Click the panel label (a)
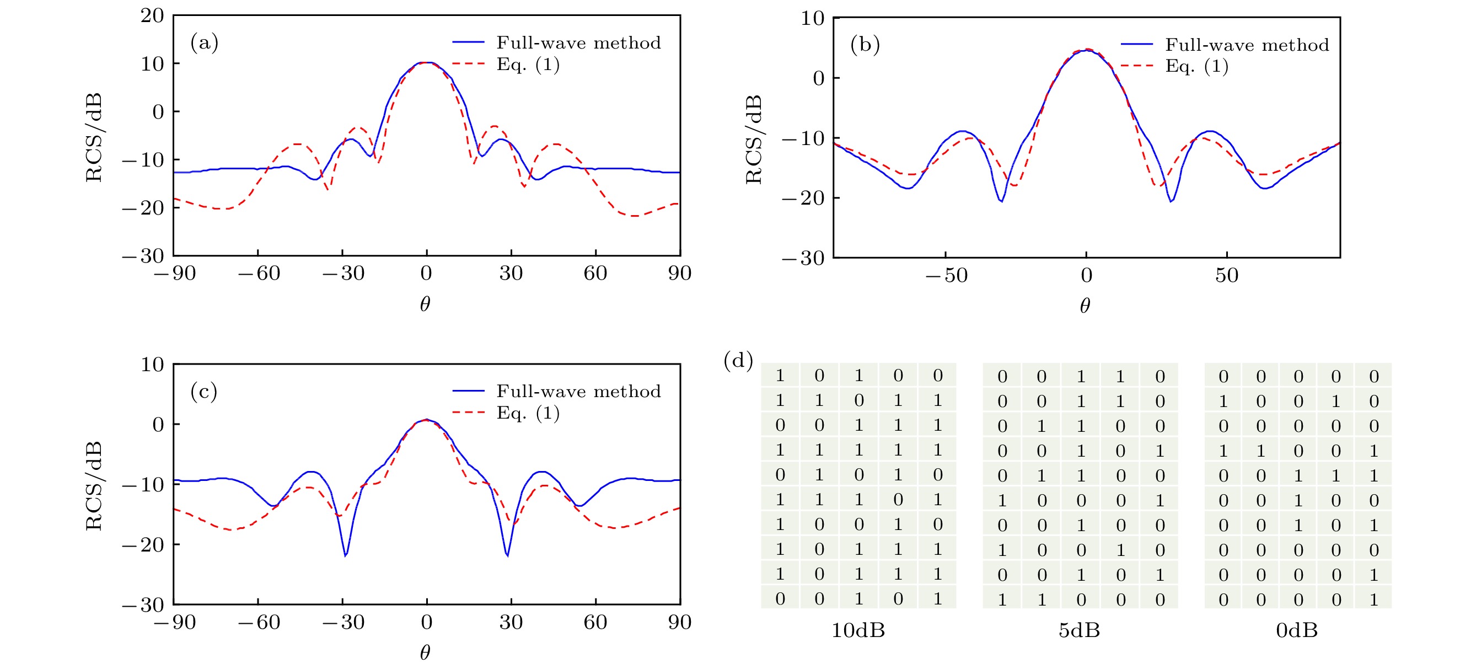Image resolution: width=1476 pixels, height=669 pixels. pyautogui.click(x=204, y=43)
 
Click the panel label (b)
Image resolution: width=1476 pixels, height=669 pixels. pyautogui.click(x=865, y=45)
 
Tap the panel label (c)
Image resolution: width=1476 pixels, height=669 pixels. pyautogui.click(x=204, y=392)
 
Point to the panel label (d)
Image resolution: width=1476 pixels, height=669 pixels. pyautogui.click(x=738, y=361)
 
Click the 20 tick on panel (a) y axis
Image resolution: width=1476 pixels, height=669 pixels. pyautogui.click(x=152, y=15)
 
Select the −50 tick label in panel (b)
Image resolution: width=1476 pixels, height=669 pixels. pyautogui.click(x=946, y=276)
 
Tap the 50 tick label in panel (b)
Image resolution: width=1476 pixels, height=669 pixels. pyautogui.click(x=1227, y=276)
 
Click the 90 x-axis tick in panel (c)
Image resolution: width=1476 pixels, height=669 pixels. pyautogui.click(x=680, y=623)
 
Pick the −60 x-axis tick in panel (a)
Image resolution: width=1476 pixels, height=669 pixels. pyautogui.click(x=259, y=274)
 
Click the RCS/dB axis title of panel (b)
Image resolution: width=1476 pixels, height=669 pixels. pyautogui.click(x=754, y=140)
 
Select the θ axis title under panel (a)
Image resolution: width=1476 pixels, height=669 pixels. pyautogui.click(x=425, y=304)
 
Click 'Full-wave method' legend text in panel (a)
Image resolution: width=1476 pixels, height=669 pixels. pyautogui.click(x=578, y=43)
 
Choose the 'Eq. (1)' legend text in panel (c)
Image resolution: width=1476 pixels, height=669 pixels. pyautogui.click(x=528, y=413)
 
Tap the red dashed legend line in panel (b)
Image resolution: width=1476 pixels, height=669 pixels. pyautogui.click(x=1136, y=66)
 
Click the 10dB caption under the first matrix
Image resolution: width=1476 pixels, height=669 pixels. pyautogui.click(x=858, y=630)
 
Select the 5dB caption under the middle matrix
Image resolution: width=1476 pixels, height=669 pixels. pyautogui.click(x=1079, y=630)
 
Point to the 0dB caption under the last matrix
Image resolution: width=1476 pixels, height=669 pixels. pyautogui.click(x=1297, y=630)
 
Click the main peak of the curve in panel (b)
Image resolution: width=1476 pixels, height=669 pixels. pyautogui.click(x=1086, y=50)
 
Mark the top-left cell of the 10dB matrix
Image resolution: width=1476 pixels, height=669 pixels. pyautogui.click(x=780, y=376)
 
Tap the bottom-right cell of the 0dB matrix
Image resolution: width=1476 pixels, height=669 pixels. pyautogui.click(x=1373, y=600)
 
